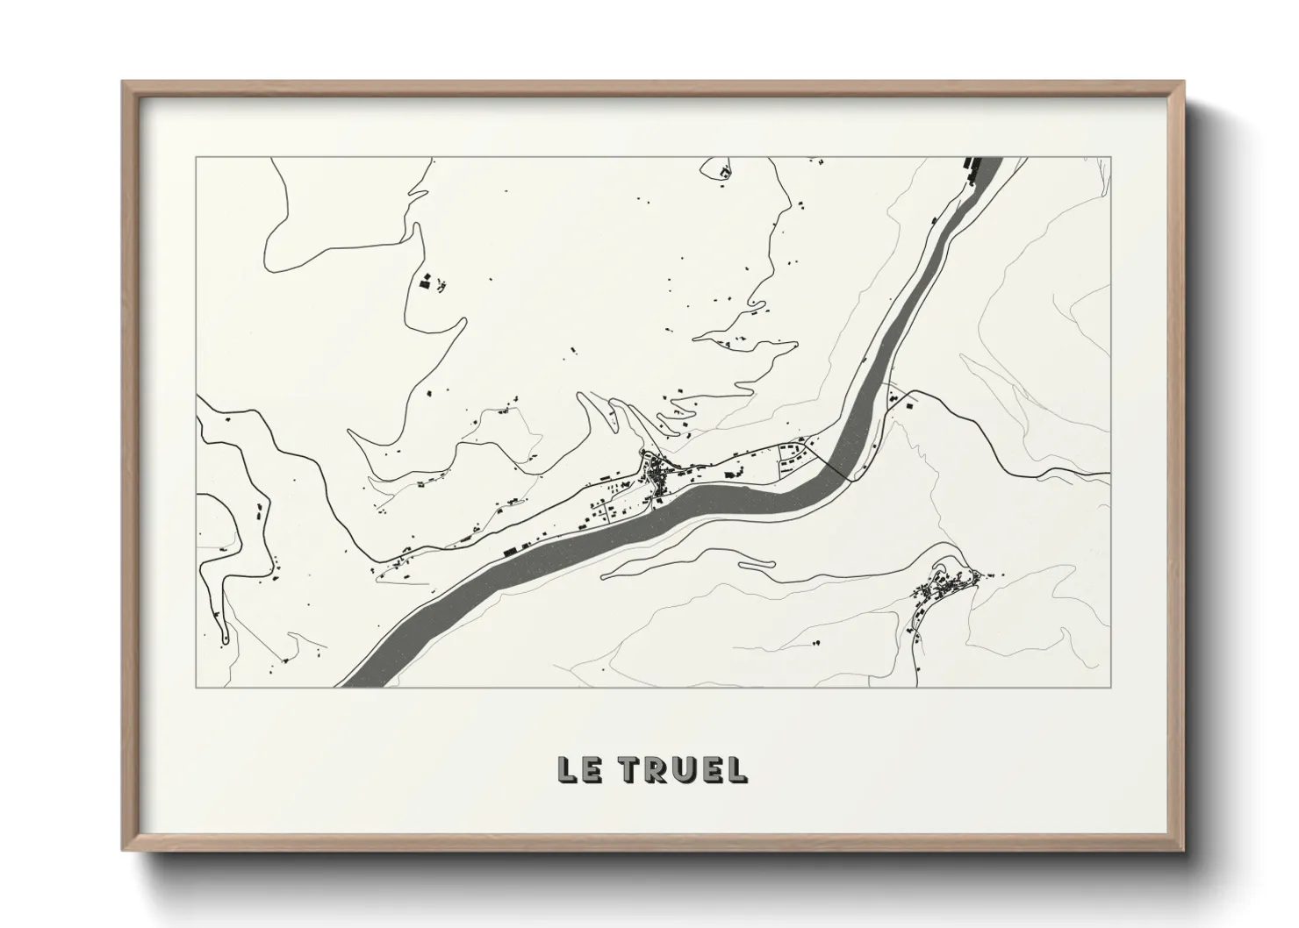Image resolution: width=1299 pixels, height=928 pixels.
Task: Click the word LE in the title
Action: (578, 769)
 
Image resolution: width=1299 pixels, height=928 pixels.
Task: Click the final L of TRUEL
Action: (737, 769)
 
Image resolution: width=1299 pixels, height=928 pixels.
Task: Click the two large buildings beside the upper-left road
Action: (427, 282)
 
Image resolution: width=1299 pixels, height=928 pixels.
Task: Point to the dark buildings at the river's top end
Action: (972, 164)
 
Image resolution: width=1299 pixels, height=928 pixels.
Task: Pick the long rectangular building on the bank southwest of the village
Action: (510, 551)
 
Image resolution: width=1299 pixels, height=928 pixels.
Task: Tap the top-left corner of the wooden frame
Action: (124, 83)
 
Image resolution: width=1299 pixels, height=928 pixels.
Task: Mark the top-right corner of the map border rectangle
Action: (1111, 157)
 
